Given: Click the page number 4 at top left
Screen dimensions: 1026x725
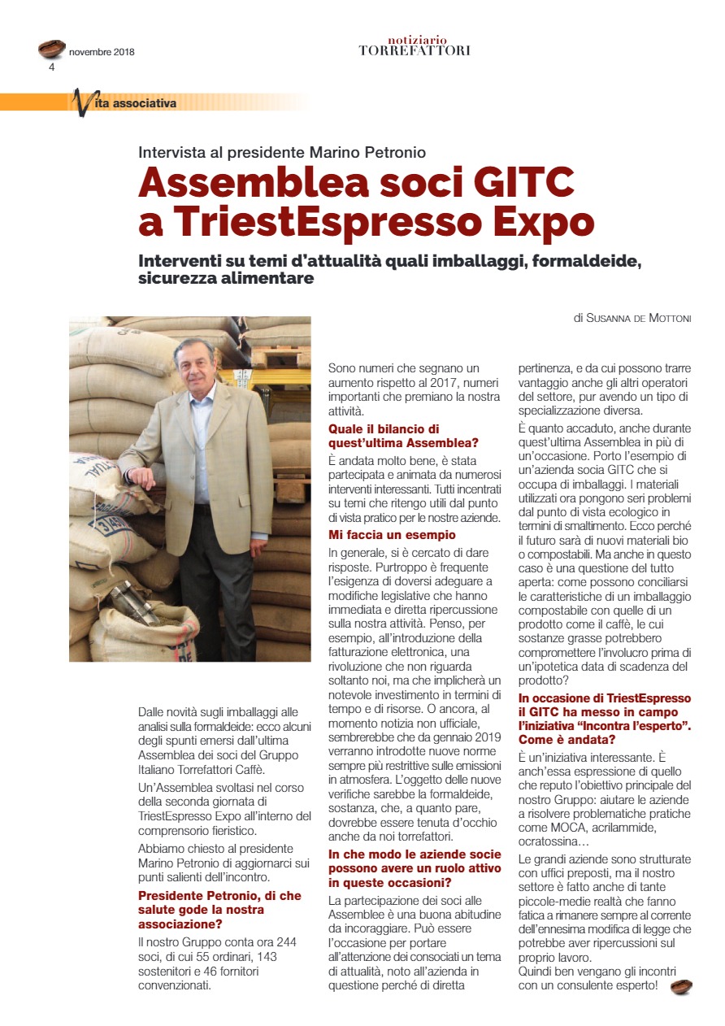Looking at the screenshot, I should tap(52, 67).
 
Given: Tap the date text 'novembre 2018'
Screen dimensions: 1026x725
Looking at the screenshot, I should tap(102, 53).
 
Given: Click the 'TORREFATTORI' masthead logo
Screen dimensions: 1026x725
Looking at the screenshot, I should tap(415, 50).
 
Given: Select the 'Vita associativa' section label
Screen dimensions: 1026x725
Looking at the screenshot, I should tap(134, 103).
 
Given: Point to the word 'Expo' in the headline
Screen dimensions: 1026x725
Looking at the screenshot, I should tap(543, 222).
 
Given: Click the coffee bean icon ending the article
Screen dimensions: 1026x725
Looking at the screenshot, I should tap(681, 987).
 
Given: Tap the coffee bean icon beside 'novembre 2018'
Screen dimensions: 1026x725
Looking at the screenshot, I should tap(52, 49).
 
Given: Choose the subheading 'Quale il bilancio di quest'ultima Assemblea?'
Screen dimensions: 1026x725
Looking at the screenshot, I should tap(403, 435).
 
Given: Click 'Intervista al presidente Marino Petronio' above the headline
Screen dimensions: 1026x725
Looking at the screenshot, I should tap(282, 152).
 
